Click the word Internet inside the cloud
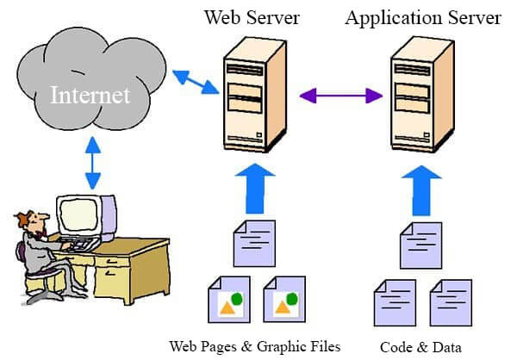(90, 94)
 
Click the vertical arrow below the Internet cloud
(92, 163)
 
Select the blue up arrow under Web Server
(254, 188)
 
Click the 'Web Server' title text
(252, 17)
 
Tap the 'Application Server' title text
(423, 17)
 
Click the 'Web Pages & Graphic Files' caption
(254, 346)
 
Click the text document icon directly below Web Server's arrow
(256, 243)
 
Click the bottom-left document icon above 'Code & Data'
(393, 301)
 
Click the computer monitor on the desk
(85, 216)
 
